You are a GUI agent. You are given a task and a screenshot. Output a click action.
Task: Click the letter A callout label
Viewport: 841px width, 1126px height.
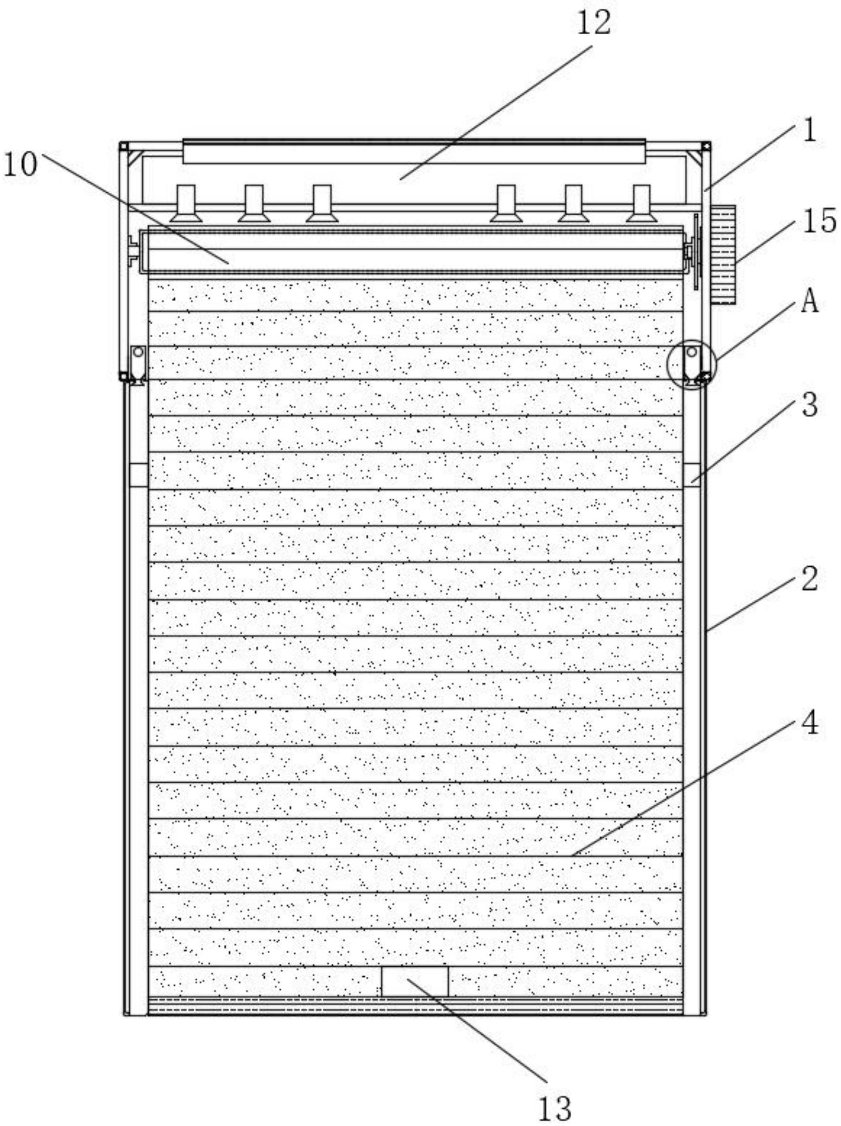[810, 301]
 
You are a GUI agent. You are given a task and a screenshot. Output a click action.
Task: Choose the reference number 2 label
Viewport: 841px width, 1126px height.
[810, 579]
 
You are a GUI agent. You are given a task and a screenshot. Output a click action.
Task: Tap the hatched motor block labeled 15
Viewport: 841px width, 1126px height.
[723, 254]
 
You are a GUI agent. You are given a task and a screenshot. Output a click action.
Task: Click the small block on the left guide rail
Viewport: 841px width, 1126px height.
[138, 474]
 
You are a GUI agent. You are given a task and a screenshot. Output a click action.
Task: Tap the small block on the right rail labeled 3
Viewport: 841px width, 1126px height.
[692, 474]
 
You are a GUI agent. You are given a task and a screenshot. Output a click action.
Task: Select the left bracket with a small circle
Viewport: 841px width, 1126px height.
[138, 362]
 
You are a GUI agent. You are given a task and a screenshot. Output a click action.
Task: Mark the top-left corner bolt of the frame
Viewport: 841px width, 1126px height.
[124, 146]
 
